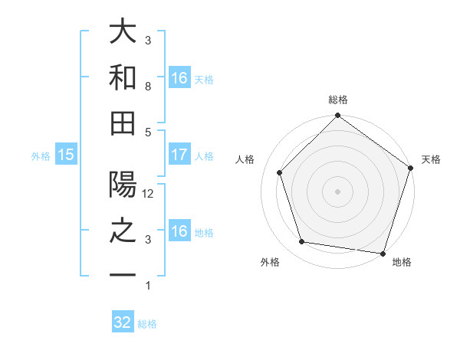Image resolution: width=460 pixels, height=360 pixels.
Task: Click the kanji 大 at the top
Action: coord(123,33)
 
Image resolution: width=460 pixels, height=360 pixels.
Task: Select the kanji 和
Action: coord(123,77)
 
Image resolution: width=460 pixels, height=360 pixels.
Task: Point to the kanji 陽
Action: coord(123,185)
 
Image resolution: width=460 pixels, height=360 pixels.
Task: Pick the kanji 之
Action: coord(123,231)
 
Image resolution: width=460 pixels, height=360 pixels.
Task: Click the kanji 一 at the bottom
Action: coord(123,275)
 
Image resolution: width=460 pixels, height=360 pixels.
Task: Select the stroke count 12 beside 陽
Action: coord(149,194)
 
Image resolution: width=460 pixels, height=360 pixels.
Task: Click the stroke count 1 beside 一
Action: coord(148,286)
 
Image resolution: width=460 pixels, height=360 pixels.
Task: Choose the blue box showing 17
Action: coord(179,155)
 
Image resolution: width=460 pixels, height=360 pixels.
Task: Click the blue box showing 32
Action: coord(123,322)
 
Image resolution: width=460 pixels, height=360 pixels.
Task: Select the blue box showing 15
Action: coord(66,155)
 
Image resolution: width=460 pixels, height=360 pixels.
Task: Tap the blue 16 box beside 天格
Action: coord(179,78)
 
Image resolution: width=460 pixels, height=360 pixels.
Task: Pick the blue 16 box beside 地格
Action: coord(179,231)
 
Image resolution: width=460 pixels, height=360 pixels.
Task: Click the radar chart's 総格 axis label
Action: coord(338,100)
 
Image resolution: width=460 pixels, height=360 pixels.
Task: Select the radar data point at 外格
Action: coord(302,242)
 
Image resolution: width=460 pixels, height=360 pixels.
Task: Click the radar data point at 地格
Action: coord(383,253)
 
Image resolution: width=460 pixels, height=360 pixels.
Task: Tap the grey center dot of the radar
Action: coord(338,191)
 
